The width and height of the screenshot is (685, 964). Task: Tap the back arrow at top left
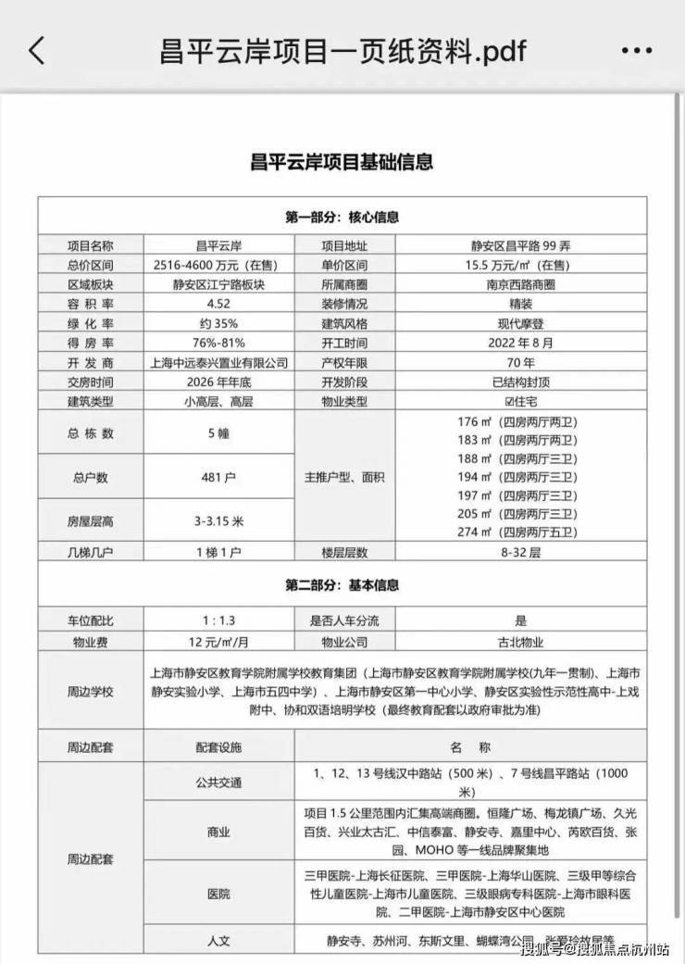pyautogui.click(x=36, y=49)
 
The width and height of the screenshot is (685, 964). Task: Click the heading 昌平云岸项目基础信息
pyautogui.click(x=342, y=162)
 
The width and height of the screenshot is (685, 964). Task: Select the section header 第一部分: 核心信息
pyautogui.click(x=342, y=218)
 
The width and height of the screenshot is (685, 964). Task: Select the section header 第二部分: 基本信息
pyautogui.click(x=342, y=585)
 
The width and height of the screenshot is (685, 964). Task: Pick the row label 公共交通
pyautogui.click(x=218, y=782)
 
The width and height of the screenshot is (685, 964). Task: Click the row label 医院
pyautogui.click(x=218, y=895)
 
